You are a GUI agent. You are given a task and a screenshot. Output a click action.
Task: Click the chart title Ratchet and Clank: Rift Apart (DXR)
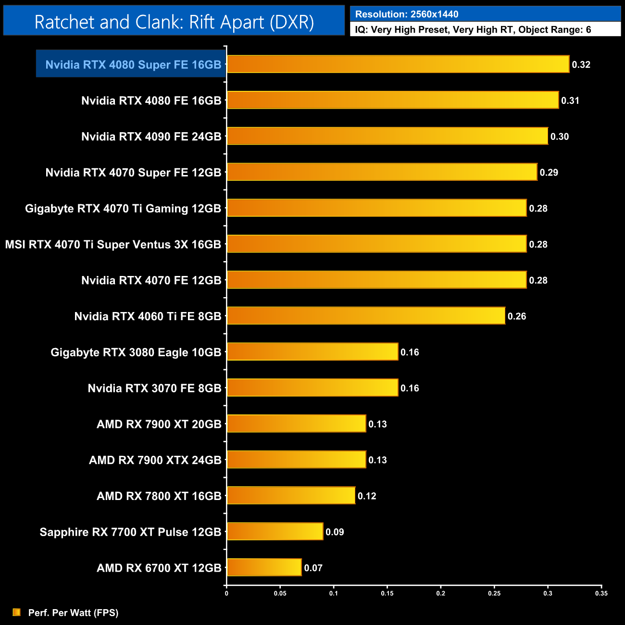click(174, 22)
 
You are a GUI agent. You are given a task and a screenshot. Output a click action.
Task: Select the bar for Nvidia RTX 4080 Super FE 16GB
click(398, 64)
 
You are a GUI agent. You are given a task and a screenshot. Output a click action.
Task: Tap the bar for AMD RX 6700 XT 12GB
click(264, 567)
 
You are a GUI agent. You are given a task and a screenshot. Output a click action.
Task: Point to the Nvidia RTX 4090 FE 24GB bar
click(387, 136)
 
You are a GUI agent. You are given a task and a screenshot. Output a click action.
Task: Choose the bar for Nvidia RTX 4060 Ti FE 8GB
click(366, 316)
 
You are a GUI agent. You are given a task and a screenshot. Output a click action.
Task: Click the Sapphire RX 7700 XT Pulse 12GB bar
click(275, 531)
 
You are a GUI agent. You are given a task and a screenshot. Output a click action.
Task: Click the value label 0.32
click(581, 64)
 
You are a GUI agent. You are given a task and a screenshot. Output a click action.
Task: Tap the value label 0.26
click(517, 316)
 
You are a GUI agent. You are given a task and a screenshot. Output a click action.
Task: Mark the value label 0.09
click(335, 532)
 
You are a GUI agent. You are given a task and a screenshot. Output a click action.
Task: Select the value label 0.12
click(367, 496)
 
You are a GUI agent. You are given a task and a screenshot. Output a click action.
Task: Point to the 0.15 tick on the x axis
click(387, 593)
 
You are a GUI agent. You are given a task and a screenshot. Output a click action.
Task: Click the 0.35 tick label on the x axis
click(601, 593)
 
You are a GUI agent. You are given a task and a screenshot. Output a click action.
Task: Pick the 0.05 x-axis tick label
click(280, 593)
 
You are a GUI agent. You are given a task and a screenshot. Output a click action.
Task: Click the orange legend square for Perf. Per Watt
click(17, 612)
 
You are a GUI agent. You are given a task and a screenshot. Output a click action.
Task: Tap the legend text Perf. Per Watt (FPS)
click(73, 612)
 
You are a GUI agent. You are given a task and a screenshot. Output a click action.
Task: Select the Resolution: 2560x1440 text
click(407, 14)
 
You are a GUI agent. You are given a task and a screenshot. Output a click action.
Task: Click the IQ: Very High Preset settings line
click(473, 30)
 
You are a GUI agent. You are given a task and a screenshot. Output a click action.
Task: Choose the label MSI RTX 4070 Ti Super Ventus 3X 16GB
click(113, 244)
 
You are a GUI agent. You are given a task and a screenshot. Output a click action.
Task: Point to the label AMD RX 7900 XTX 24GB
click(155, 460)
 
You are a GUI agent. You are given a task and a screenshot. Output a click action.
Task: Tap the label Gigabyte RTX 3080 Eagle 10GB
click(136, 352)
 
